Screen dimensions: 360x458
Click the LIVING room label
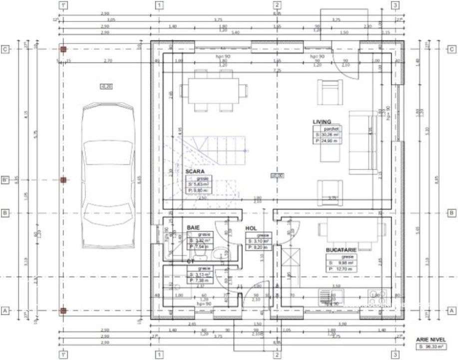coord(322,121)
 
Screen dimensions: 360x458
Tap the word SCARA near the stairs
coord(195,171)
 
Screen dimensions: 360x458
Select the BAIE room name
coord(193,227)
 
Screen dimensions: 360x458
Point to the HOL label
coord(251,228)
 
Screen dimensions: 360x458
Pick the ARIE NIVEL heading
coord(430,338)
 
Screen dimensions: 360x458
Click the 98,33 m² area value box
coord(430,346)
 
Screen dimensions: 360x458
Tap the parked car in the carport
coord(108,175)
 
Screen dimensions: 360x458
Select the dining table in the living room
coord(213,90)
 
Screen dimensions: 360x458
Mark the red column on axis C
coord(63,49)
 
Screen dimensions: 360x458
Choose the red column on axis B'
coord(63,180)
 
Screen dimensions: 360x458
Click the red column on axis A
coord(63,310)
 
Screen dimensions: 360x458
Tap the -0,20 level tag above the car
coord(106,86)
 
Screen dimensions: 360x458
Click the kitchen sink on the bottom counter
coord(330,294)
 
